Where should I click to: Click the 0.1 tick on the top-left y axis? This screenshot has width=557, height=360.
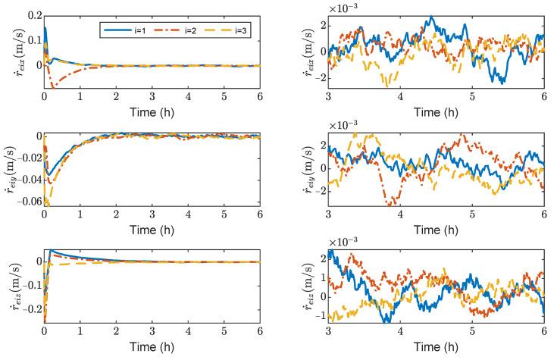[33, 39]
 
